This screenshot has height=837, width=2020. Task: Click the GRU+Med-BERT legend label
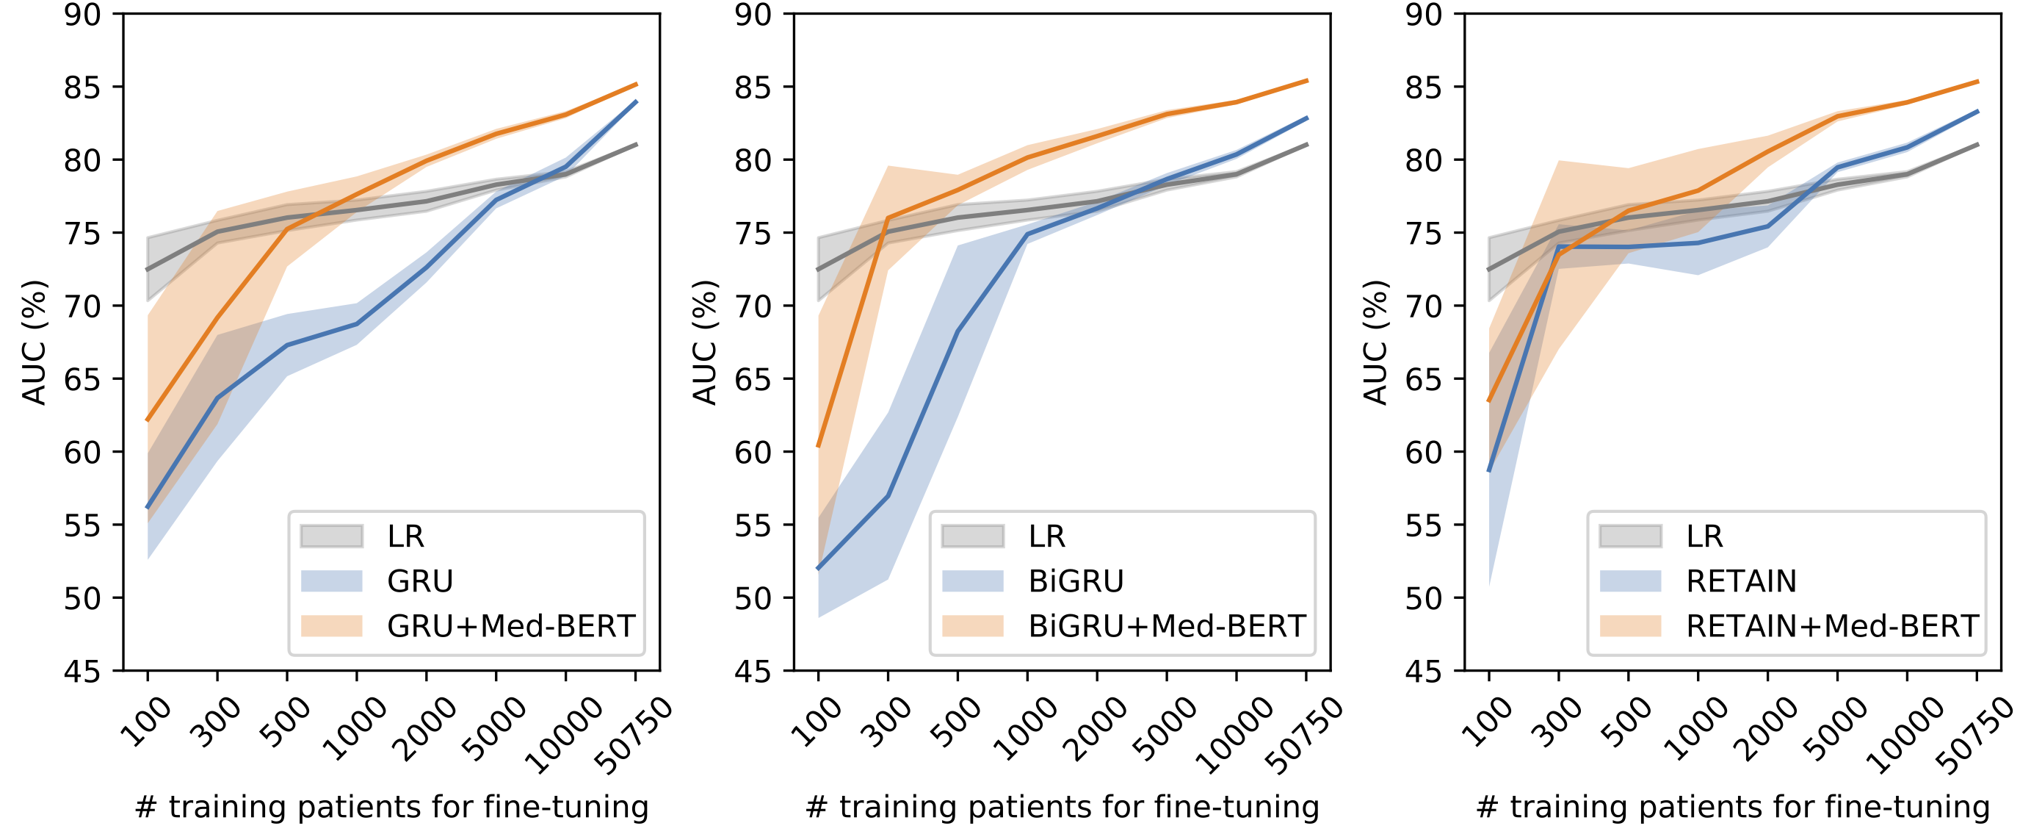(x=510, y=626)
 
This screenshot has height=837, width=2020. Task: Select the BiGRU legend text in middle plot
(x=1076, y=581)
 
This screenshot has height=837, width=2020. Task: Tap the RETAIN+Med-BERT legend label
(x=1832, y=626)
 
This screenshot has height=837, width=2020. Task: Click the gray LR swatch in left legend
(x=331, y=536)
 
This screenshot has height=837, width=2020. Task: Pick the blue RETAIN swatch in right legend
(x=1629, y=581)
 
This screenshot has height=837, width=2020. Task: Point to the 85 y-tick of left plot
(x=82, y=87)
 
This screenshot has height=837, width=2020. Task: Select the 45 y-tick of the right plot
(x=1423, y=672)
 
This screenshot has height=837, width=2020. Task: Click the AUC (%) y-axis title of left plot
(x=35, y=342)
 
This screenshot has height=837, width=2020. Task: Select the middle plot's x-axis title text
(x=1062, y=807)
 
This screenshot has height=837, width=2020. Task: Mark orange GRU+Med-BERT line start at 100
(x=148, y=420)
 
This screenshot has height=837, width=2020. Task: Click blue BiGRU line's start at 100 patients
(x=819, y=568)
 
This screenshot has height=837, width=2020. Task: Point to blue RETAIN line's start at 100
(x=1489, y=470)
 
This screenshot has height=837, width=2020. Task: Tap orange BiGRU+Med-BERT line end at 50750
(x=1306, y=80)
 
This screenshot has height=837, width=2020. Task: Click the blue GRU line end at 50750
(x=636, y=101)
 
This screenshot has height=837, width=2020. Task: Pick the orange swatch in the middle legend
(x=972, y=626)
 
